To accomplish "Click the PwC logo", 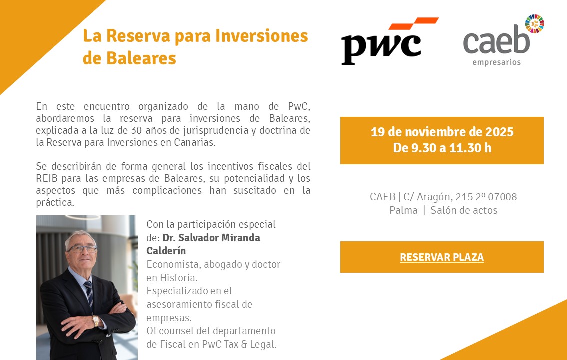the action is tap(390, 41).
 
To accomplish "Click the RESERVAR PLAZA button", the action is tap(442, 257).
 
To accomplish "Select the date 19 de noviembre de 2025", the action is tap(442, 132).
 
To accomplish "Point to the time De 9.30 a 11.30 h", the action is tap(442, 148).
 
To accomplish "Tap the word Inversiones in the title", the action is tap(262, 36).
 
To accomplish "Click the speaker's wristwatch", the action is tap(96, 320).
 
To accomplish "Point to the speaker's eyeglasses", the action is tap(83, 249).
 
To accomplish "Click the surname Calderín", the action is tap(166, 251).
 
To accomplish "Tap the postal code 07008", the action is tap(502, 197).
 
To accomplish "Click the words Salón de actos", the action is tap(464, 210).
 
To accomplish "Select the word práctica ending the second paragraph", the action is tap(55, 203).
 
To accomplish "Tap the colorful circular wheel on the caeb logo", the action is tap(535, 24).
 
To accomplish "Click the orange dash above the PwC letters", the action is tap(414, 23).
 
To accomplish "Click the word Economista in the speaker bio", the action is tap(173, 264).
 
